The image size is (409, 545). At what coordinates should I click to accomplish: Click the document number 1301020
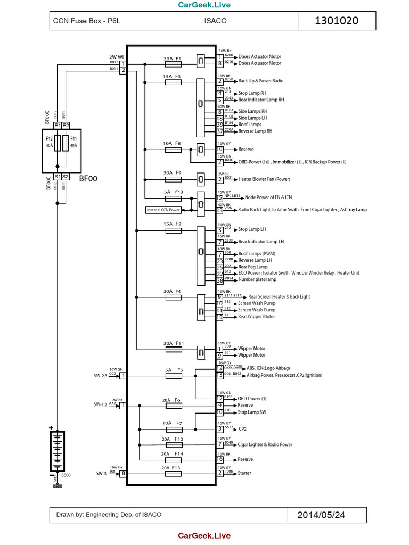point(337,21)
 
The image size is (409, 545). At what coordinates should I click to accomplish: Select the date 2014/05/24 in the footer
point(321,515)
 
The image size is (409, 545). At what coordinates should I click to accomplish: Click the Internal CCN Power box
point(163,210)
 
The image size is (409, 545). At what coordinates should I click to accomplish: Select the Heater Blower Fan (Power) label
point(264,180)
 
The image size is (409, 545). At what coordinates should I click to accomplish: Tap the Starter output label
point(246,473)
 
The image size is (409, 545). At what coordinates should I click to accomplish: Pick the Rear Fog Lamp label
point(253,267)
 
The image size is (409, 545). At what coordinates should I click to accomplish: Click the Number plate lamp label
point(257,280)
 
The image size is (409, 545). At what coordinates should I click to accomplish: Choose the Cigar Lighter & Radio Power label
point(265,444)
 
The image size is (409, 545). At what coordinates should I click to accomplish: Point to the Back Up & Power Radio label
point(261,81)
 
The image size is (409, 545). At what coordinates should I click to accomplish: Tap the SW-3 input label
point(102,473)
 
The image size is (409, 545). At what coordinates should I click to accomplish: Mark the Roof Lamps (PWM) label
point(257,254)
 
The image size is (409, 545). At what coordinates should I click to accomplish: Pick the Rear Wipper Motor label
point(257,317)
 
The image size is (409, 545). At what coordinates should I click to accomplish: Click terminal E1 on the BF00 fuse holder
point(57,126)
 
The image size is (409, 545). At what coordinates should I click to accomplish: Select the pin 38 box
point(219,280)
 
